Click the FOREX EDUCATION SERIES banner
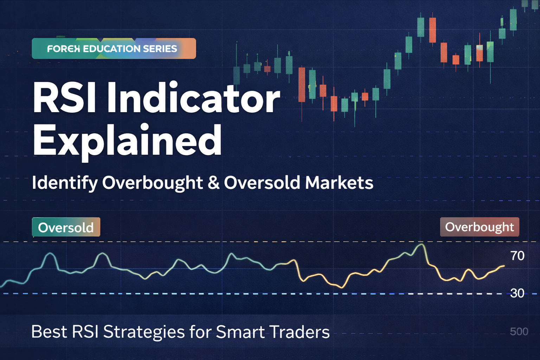pyautogui.click(x=114, y=49)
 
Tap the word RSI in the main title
pyautogui.click(x=64, y=98)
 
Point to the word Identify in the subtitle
pyautogui.click(x=65, y=184)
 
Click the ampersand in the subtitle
pyautogui.click(x=213, y=183)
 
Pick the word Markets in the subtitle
pyautogui.click(x=339, y=183)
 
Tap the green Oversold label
pyautogui.click(x=66, y=227)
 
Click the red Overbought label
pyautogui.click(x=480, y=227)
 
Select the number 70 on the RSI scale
pyautogui.click(x=517, y=256)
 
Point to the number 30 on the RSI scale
pyautogui.click(x=517, y=294)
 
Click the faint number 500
pyautogui.click(x=519, y=332)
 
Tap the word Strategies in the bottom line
pyautogui.click(x=144, y=332)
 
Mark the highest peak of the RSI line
pyautogui.click(x=421, y=244)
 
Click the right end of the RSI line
pyautogui.click(x=504, y=266)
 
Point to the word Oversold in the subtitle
pyautogui.click(x=262, y=183)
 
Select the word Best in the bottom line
pyautogui.click(x=49, y=332)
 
